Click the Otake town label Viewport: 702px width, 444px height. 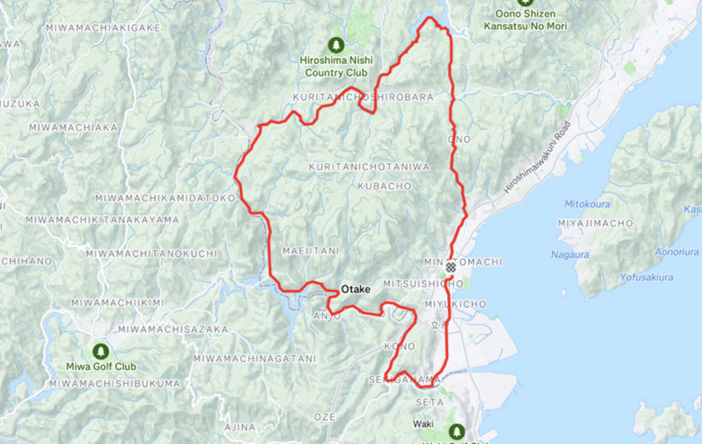click(x=356, y=290)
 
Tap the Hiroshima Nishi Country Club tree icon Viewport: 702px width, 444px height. click(x=334, y=44)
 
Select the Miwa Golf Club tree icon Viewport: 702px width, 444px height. click(x=100, y=351)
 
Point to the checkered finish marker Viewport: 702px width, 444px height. click(x=451, y=267)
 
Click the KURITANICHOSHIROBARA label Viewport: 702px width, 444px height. click(x=350, y=97)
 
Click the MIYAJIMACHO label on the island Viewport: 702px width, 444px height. click(x=596, y=224)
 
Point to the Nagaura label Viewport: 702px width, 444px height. click(x=571, y=253)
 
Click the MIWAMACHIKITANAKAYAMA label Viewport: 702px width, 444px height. click(x=102, y=219)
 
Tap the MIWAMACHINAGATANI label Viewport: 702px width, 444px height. click(x=254, y=358)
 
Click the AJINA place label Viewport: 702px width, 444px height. click(x=239, y=426)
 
